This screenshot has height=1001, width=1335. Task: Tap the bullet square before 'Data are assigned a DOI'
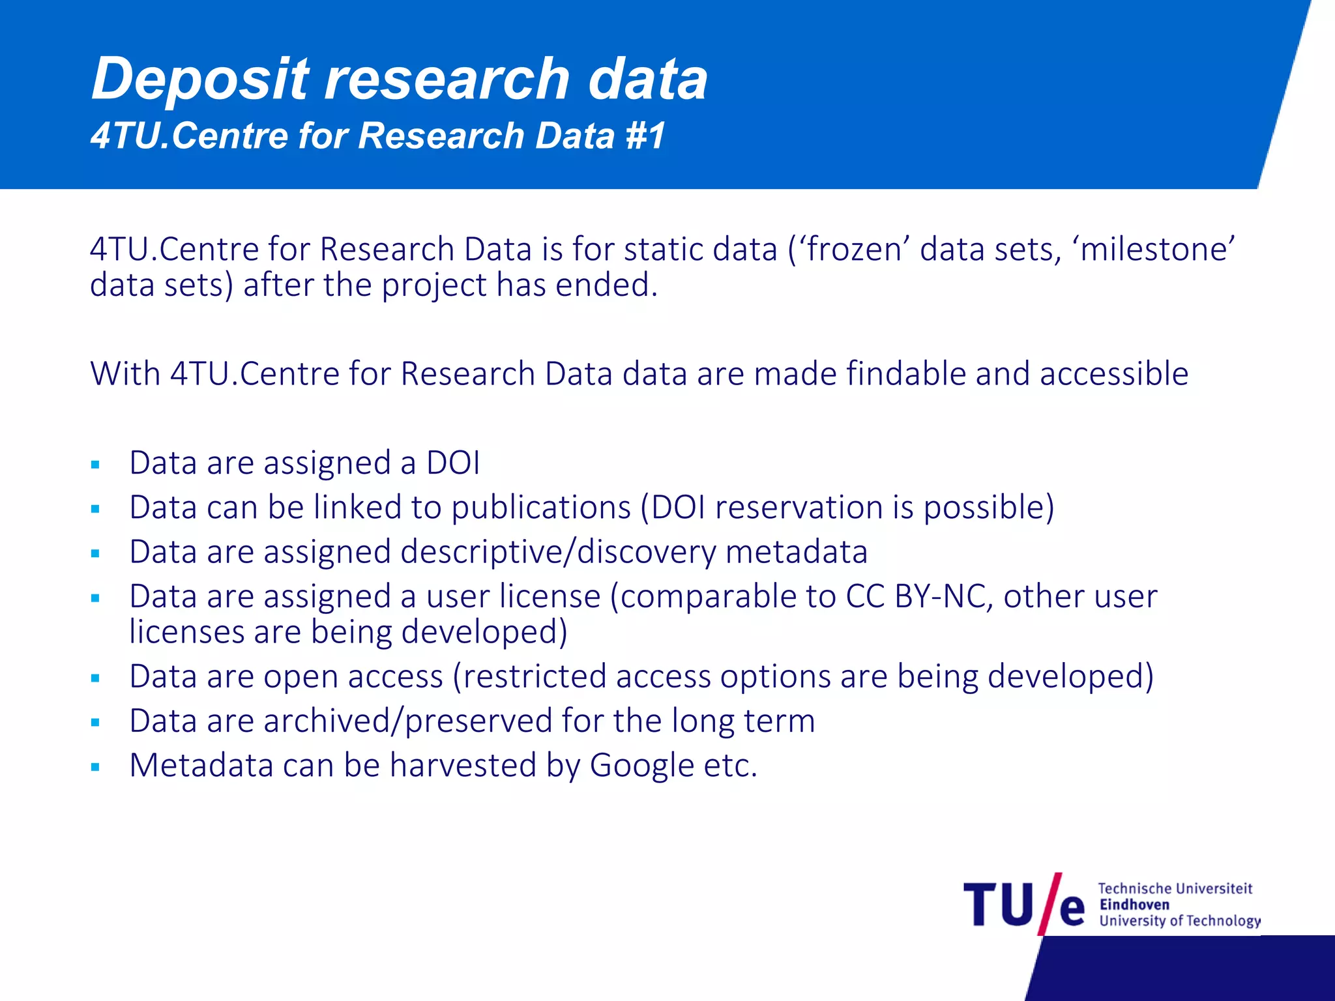(x=96, y=465)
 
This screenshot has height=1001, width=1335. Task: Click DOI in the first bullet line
(x=453, y=463)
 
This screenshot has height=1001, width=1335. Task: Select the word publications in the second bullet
(x=541, y=508)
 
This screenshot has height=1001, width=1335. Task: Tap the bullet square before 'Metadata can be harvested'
(x=96, y=768)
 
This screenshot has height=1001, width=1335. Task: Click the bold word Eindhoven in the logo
(x=1134, y=905)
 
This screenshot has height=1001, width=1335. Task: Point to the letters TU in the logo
(x=998, y=905)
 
